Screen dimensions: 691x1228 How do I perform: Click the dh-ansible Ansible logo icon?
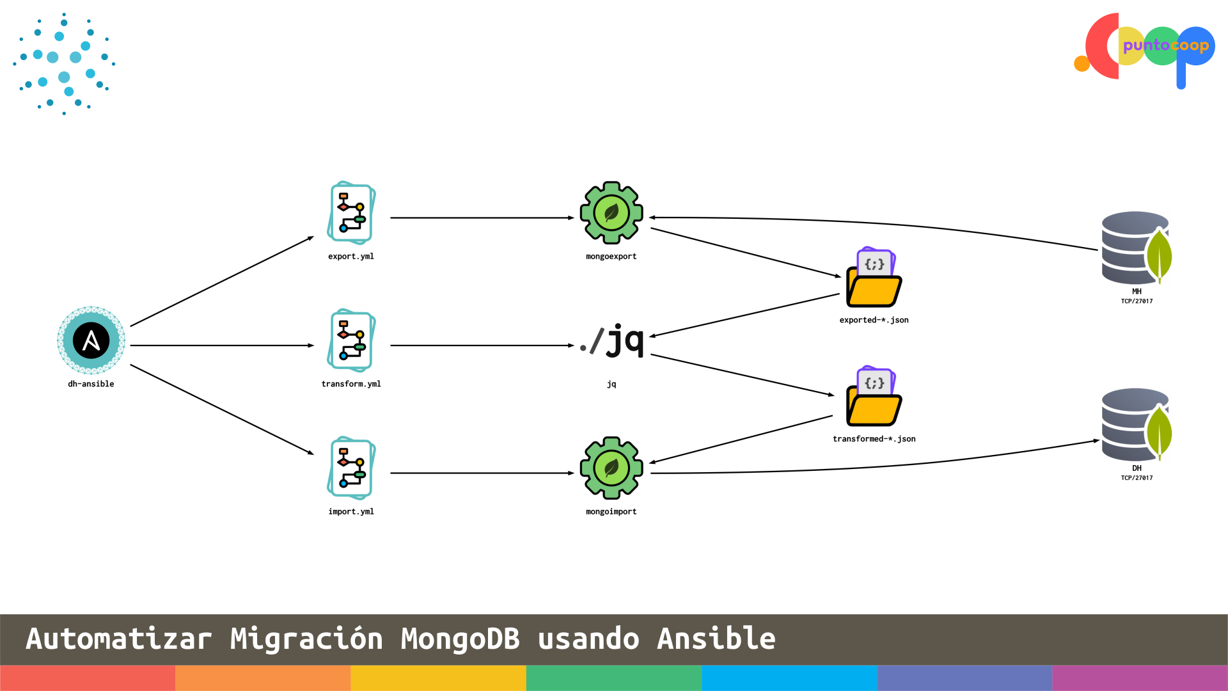(91, 340)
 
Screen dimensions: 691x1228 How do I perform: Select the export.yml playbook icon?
(351, 213)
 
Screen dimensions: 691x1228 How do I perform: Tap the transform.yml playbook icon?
(351, 340)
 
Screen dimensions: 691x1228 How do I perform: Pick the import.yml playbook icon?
(351, 468)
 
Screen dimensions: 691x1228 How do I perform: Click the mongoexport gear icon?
(611, 213)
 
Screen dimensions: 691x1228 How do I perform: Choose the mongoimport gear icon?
(611, 468)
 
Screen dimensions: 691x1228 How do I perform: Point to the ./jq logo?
(612, 340)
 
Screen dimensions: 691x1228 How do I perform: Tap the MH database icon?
(1136, 248)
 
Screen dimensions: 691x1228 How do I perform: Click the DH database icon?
(1136, 425)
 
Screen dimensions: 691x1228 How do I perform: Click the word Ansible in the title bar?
(716, 639)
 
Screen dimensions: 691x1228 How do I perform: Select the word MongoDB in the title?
(460, 639)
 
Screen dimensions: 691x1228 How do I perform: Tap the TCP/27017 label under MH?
(1137, 301)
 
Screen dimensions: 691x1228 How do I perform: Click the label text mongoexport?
(611, 257)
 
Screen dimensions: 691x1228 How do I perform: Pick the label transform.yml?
(351, 384)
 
